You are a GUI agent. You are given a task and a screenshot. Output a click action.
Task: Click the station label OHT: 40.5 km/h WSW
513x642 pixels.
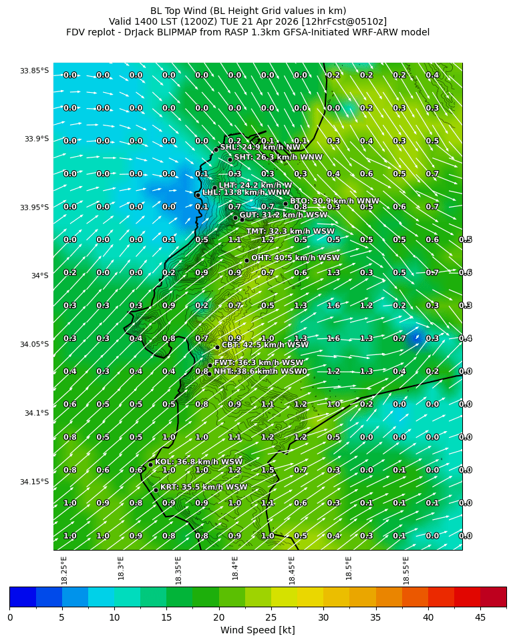point(295,258)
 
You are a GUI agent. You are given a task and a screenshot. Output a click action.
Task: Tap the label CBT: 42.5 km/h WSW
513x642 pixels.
point(265,345)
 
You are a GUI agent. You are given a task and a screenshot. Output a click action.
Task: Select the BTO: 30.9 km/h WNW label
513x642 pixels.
point(334,201)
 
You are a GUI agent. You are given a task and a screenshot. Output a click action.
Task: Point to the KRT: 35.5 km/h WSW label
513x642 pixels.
point(204,488)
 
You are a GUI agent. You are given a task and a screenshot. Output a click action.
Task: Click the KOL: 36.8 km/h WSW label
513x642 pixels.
point(198,462)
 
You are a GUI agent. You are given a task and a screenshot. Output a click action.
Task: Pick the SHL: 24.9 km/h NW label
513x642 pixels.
point(261,147)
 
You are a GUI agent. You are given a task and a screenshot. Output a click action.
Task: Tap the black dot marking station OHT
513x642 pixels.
point(246,261)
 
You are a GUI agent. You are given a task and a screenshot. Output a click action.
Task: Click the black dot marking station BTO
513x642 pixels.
point(285,204)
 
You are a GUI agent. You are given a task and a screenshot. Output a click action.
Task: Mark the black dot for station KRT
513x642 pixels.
point(156,490)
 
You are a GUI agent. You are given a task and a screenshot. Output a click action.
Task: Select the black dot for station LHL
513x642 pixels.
point(198,195)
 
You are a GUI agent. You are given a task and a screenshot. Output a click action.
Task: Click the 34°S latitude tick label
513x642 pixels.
point(39,276)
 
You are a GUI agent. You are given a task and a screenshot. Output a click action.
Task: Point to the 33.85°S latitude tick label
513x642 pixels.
point(34,71)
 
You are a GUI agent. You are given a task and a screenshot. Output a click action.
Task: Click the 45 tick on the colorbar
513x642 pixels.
point(480,617)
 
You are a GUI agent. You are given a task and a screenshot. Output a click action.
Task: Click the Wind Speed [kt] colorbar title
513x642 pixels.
point(258,630)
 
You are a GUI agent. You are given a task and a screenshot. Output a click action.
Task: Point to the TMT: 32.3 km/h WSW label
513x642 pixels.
point(290,232)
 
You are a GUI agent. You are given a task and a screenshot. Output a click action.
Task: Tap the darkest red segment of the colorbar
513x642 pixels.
point(493,597)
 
